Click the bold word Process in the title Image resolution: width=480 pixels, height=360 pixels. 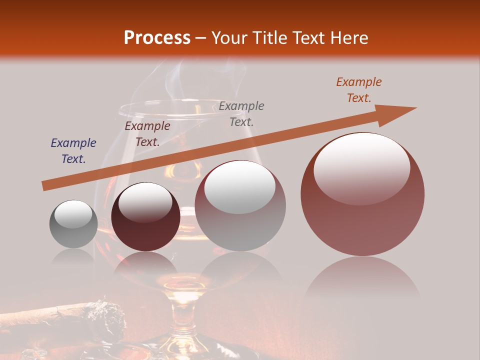tap(157, 38)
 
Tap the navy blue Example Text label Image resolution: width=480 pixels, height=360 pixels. tap(73, 151)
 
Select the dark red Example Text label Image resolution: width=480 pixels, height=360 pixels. tap(147, 134)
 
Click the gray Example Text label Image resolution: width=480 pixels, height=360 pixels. tap(241, 113)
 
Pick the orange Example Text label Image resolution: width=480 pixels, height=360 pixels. tap(359, 90)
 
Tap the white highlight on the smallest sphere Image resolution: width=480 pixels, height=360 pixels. tap(73, 214)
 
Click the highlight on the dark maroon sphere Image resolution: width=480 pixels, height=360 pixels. tap(145, 203)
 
